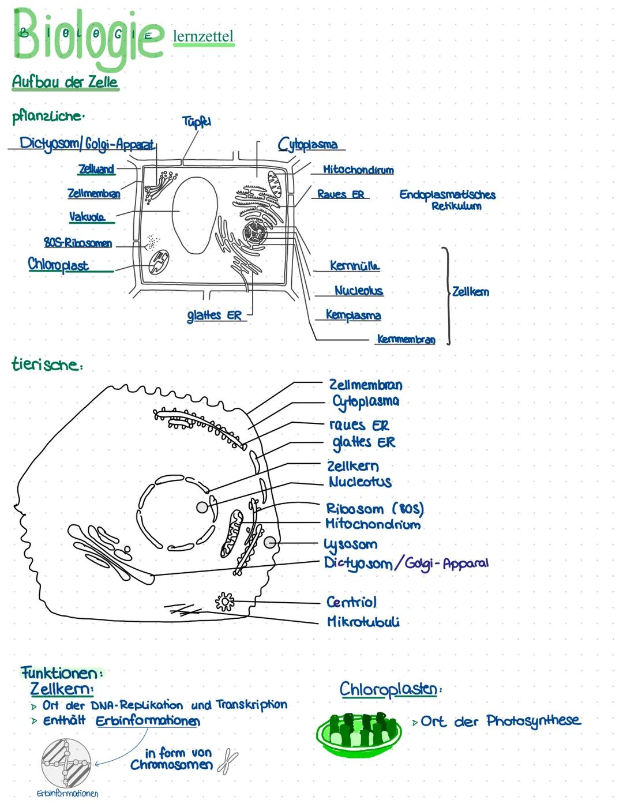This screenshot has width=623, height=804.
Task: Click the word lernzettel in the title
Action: pos(203,36)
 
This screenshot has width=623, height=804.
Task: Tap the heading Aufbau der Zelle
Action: pos(65,82)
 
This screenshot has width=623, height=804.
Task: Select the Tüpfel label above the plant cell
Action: pos(196,121)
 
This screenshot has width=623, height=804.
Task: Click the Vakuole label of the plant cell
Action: pos(87,217)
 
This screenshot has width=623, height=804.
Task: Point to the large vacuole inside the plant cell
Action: pos(196,215)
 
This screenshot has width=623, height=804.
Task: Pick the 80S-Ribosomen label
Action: pos(78,243)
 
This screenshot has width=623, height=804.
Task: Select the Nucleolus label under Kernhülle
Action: pos(358,291)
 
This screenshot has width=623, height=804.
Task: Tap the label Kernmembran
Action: pos(406,339)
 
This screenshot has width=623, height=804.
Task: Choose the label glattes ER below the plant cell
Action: pos(214,315)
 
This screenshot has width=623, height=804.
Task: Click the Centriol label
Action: pos(351,602)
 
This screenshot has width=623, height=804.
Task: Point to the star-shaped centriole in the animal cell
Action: pos(224,602)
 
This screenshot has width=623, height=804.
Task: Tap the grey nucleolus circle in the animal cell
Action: pos(202,507)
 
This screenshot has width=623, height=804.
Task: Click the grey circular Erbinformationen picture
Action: pos(66,763)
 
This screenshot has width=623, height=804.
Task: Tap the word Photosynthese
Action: pos(533,721)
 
